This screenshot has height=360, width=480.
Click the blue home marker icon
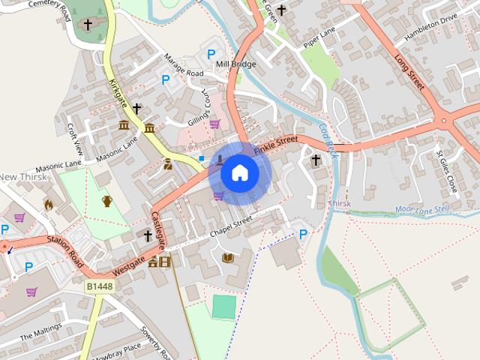pos(239,173)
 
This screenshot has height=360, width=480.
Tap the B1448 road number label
pos(98,286)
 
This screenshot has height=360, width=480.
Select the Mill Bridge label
pos(235,64)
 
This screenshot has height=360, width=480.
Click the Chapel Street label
pos(231,226)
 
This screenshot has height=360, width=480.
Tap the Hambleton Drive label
pos(430,28)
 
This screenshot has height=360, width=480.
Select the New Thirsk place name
pos(23,177)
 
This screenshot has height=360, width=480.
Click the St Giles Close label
pos(446,169)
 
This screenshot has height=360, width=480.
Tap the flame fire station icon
pos(49,204)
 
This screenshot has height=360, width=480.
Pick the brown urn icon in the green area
pos(107,200)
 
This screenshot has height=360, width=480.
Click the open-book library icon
pos(228,258)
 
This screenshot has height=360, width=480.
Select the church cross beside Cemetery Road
pos(88,25)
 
